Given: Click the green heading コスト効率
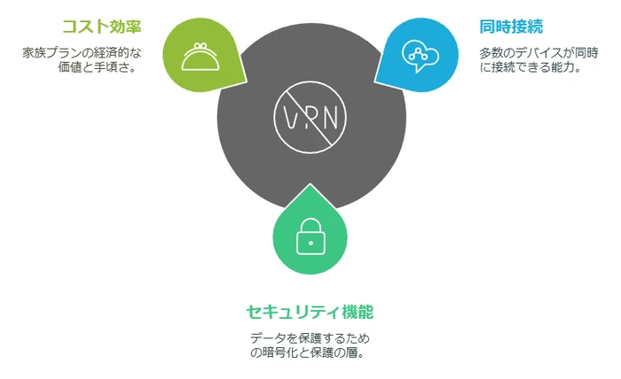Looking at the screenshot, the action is coord(102,27).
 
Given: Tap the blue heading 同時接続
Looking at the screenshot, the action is coord(511,27).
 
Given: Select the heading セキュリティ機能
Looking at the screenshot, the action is coord(310,312).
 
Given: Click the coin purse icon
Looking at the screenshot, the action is coord(200,57).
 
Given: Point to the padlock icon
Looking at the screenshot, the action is coord(310,236).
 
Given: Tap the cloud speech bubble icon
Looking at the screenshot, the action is coord(421,56).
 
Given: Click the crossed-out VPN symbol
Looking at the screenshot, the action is coord(310,118).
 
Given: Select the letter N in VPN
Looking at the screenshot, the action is coord(330,118).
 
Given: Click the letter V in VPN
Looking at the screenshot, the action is coord(290,118).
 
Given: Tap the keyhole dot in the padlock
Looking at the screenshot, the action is coord(310,243).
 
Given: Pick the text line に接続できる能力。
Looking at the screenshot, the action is coord(531,67).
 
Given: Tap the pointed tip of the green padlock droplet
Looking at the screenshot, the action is coord(310,184).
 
